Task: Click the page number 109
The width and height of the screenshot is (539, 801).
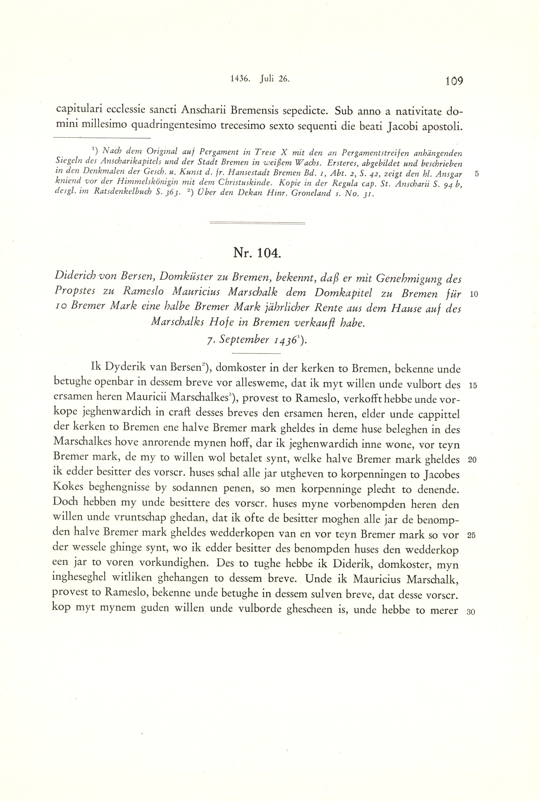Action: (x=454, y=81)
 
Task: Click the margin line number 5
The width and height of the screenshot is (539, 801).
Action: (x=476, y=174)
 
